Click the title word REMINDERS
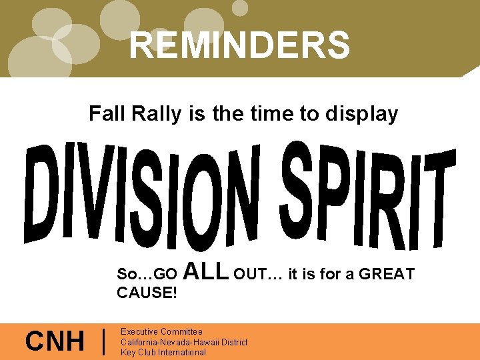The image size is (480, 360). (239, 45)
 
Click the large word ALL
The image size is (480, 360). (205, 271)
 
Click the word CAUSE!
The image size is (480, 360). (147, 293)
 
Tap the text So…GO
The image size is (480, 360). (147, 274)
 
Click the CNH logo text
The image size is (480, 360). (55, 342)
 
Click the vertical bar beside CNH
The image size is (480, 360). (105, 342)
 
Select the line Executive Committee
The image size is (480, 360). (161, 331)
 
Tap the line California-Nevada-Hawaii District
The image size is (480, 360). (183, 342)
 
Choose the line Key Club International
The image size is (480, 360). (163, 352)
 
